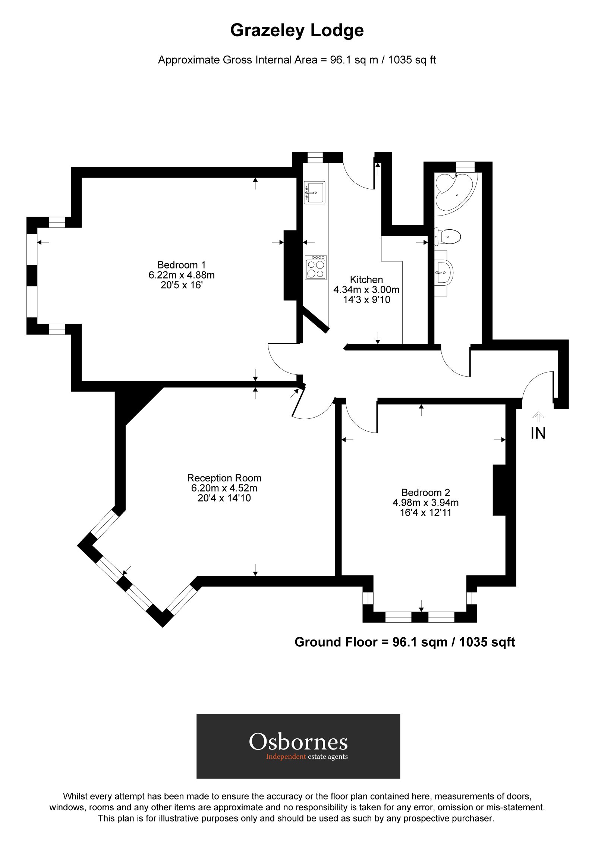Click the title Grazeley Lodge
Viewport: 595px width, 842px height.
297,31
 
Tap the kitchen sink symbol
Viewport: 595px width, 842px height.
315,192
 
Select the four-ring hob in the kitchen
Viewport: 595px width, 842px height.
315,267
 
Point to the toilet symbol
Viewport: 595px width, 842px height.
448,236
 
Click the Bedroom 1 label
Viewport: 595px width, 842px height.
181,265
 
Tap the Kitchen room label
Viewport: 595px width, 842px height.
366,280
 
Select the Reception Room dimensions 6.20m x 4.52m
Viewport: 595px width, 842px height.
224,488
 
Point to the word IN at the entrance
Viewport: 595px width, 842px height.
538,433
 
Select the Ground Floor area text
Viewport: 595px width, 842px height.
404,642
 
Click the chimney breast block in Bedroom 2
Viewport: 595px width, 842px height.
499,490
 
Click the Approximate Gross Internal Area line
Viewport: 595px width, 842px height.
297,60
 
